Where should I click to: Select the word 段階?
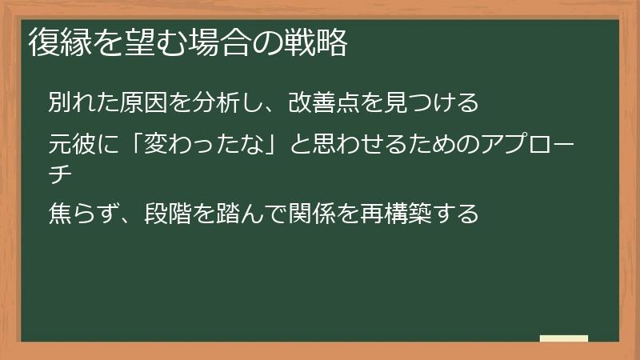click(168, 214)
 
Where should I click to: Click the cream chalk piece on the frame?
click(564, 338)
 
